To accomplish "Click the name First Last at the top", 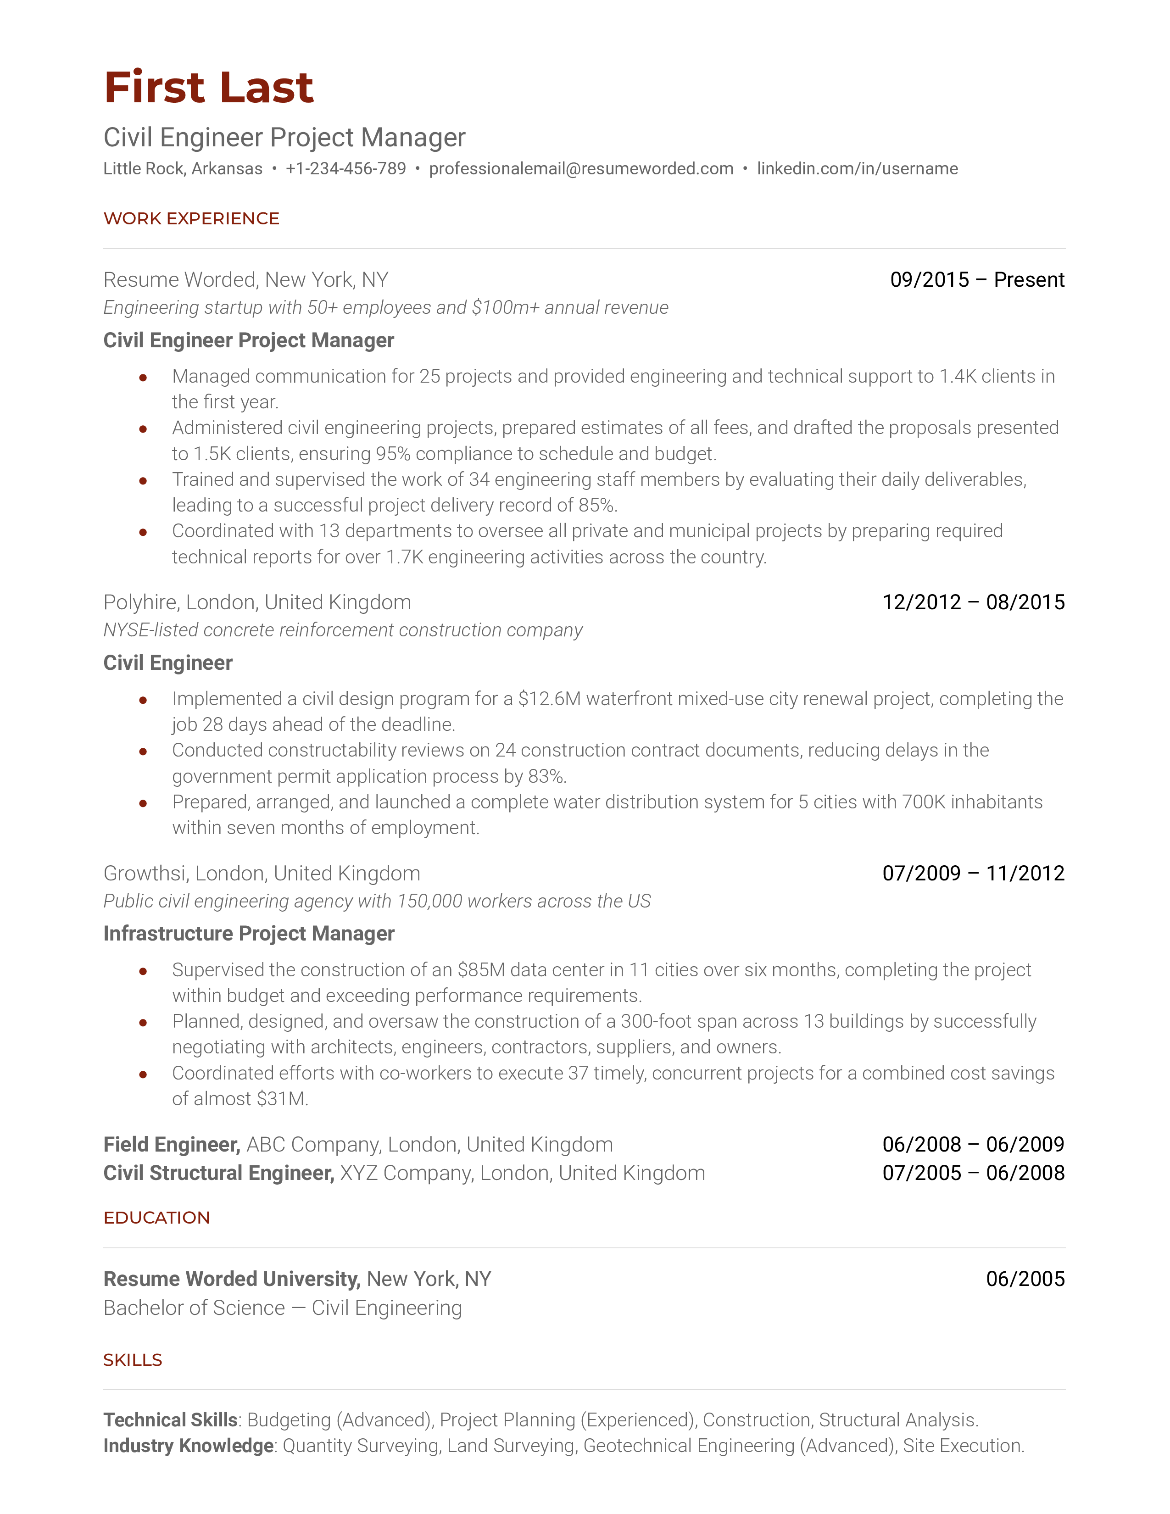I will pyautogui.click(x=209, y=88).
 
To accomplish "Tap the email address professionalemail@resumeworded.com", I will pyautogui.click(x=581, y=168).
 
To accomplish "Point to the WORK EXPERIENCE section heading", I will pyautogui.click(x=191, y=218).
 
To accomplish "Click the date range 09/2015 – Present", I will pyautogui.click(x=977, y=280).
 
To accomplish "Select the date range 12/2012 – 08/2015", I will pyautogui.click(x=973, y=602).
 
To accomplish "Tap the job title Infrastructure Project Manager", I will pyautogui.click(x=248, y=934).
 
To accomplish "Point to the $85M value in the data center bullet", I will pyautogui.click(x=481, y=970).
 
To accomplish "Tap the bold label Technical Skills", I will pyautogui.click(x=171, y=1420).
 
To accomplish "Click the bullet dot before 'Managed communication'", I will pyautogui.click(x=143, y=378).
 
